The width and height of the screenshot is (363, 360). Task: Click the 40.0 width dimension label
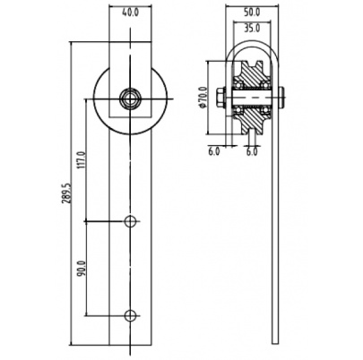131,13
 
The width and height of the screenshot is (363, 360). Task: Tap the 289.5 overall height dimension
67,193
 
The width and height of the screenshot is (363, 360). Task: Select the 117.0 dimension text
82,160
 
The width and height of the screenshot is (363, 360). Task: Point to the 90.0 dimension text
82,269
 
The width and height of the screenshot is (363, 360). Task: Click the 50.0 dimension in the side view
252,13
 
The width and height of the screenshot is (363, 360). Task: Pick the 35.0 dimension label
252,29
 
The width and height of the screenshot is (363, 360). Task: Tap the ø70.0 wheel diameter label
203,98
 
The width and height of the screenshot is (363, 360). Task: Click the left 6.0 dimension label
214,151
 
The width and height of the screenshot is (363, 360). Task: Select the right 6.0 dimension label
252,151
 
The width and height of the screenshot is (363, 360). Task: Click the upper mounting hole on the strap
130,221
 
